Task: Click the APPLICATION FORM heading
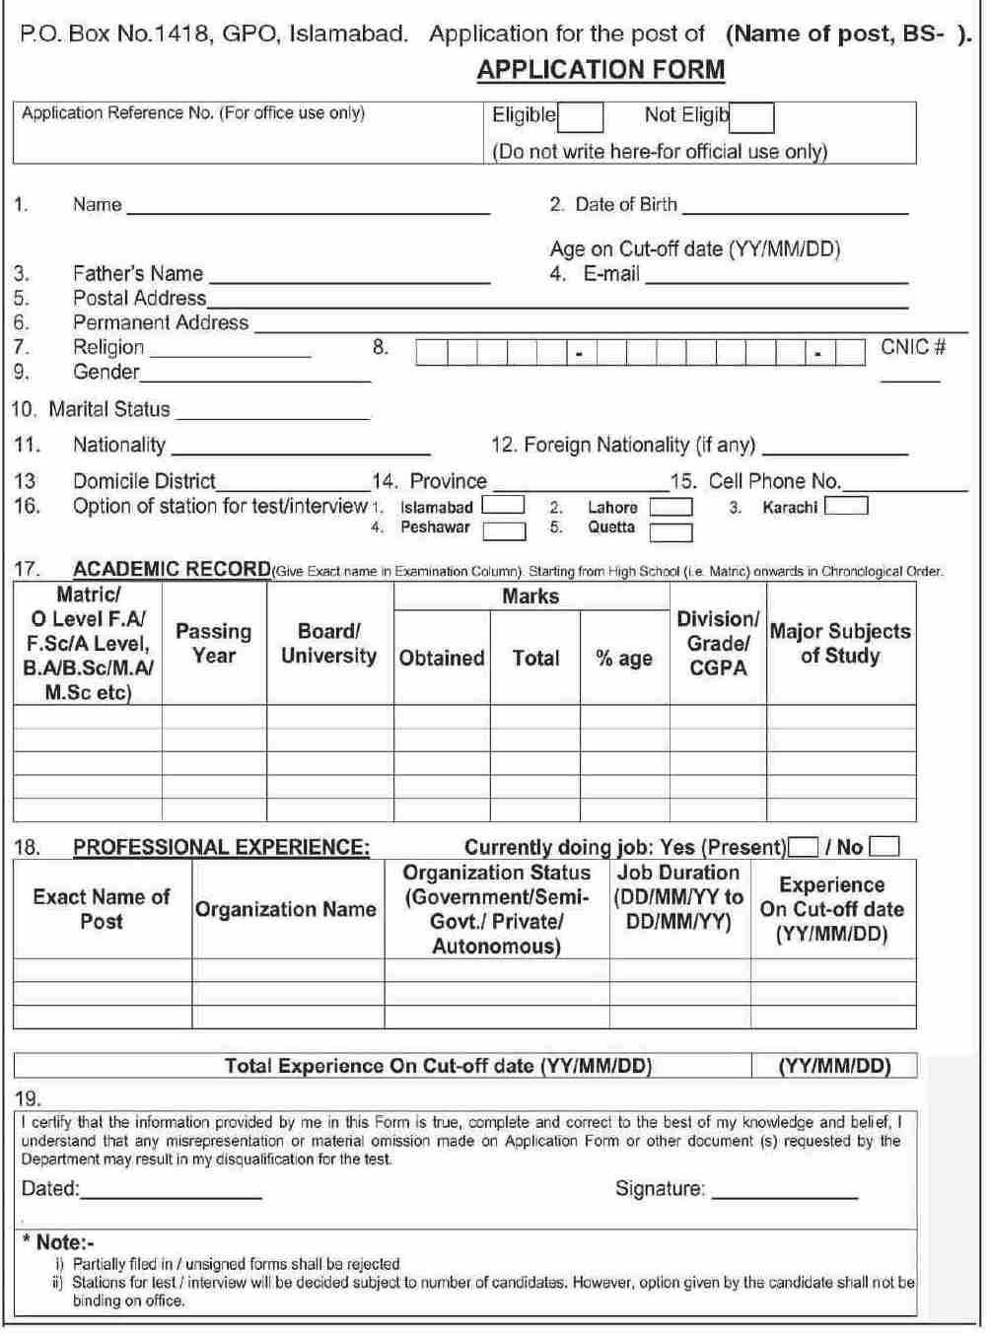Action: pos(601,70)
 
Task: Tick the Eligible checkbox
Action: pos(581,117)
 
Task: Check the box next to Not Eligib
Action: pos(752,117)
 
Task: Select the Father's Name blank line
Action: pos(349,277)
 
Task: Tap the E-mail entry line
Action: pos(775,277)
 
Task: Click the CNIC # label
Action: pos(913,347)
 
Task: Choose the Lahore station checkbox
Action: pos(671,507)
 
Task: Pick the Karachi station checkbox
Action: pos(846,507)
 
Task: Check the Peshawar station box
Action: pos(504,530)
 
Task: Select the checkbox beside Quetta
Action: pos(671,531)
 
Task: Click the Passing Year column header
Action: pos(214,643)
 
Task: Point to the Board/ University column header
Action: pos(329,643)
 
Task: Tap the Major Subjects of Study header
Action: pos(840,643)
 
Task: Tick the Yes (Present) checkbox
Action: pos(804,847)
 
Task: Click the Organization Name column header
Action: pos(286,909)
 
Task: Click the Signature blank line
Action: pos(785,1192)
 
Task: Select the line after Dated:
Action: pos(171,1192)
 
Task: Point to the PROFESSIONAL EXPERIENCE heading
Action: pos(222,847)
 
